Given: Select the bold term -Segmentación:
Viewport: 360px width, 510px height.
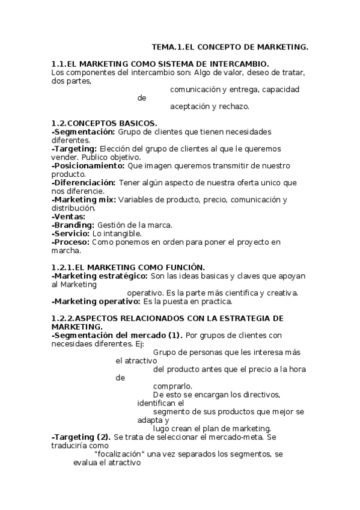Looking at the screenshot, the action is (x=83, y=132).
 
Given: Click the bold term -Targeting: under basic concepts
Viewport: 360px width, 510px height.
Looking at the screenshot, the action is (x=75, y=149).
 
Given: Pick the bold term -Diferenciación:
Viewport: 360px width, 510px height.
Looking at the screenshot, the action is (x=84, y=182).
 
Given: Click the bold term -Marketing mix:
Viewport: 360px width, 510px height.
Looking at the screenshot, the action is (x=84, y=199).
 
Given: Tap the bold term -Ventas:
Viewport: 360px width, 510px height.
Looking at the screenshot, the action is (x=69, y=216).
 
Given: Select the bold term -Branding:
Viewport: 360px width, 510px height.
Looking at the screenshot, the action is (x=73, y=224).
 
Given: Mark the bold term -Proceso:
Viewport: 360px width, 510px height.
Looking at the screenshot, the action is (x=71, y=242).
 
